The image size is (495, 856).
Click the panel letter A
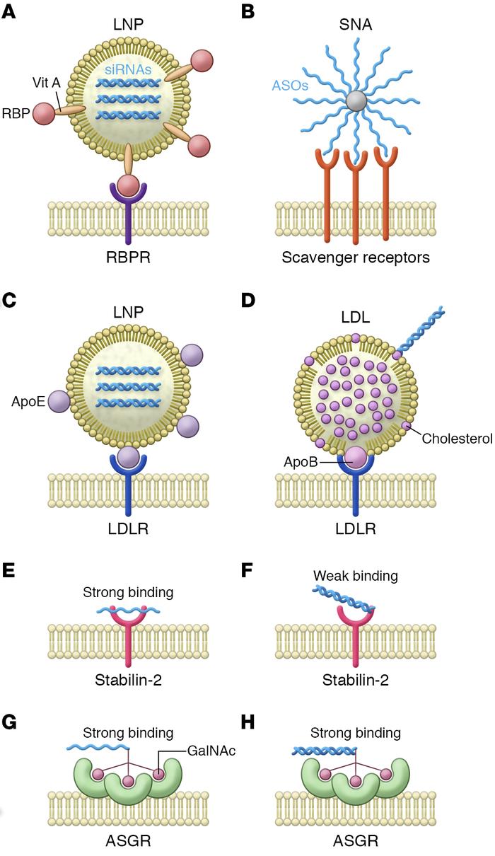9,12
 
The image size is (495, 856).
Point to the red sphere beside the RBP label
44,113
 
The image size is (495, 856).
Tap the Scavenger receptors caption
356,258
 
